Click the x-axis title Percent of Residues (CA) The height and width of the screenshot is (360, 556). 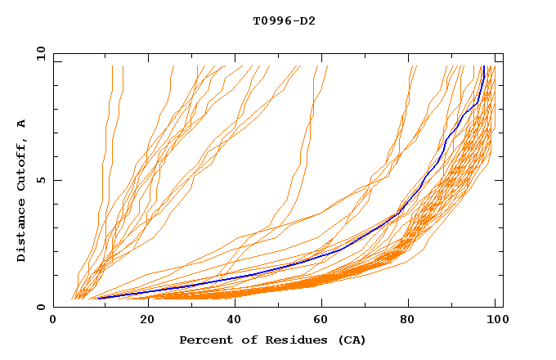pos(272,340)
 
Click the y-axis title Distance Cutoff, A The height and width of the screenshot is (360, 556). pos(21,190)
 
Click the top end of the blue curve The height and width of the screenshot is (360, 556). pos(483,66)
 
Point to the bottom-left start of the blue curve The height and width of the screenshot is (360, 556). pos(98,298)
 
